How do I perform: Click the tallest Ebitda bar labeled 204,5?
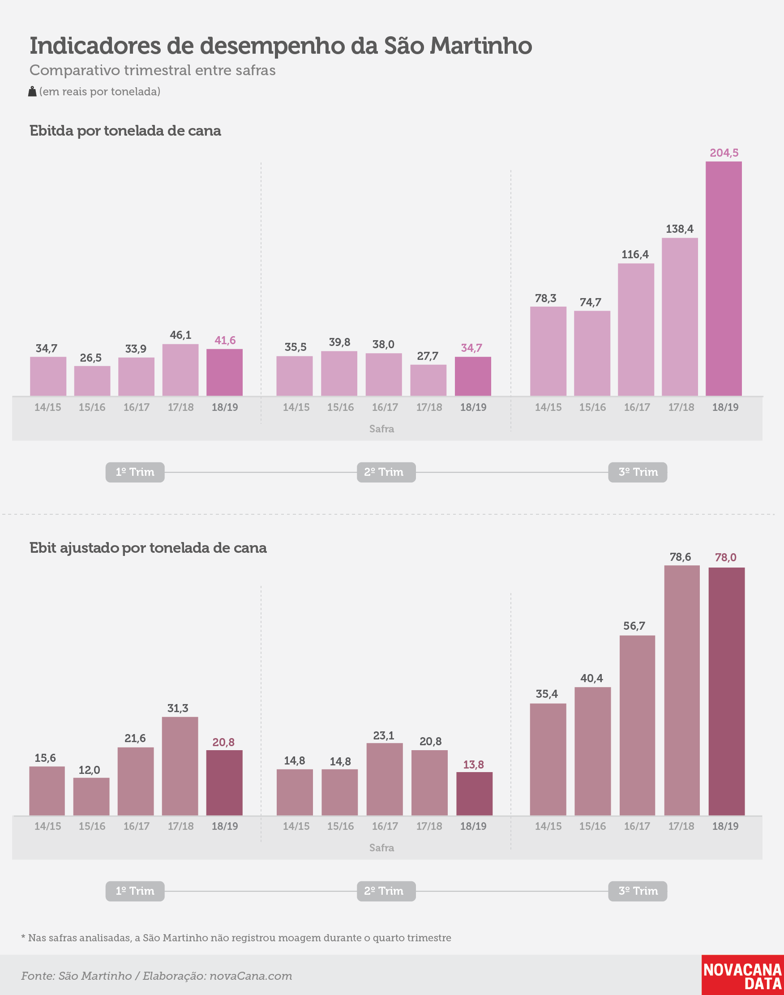724,278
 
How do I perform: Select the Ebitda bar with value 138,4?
680,316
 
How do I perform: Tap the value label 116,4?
635,255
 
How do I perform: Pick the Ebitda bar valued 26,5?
92,381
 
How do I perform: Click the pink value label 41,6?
225,340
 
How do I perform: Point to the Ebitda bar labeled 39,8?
339,373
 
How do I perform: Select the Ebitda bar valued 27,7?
428,380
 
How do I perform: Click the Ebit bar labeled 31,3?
180,766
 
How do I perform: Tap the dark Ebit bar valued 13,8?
474,794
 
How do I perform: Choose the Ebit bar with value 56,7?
637,725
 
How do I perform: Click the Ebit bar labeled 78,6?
682,690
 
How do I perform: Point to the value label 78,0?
725,557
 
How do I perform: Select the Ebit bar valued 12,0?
91,796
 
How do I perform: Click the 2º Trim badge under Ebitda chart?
386,472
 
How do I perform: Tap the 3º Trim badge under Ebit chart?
638,891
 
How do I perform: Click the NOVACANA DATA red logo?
743,975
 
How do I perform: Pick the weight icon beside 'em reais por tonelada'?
32,91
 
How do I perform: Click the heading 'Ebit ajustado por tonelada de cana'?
148,548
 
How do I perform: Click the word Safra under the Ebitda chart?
381,428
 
